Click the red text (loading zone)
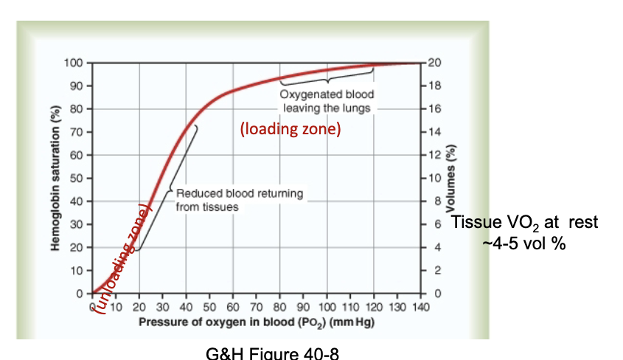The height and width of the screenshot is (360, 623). point(290,130)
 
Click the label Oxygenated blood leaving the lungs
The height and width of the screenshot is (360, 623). point(327,101)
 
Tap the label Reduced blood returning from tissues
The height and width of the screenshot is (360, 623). point(239,200)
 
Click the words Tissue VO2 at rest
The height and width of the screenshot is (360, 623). point(524,224)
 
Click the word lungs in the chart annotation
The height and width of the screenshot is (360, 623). point(358,108)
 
